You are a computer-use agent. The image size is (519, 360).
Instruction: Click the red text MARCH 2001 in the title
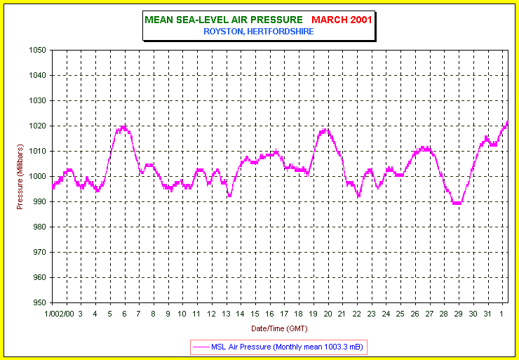point(342,19)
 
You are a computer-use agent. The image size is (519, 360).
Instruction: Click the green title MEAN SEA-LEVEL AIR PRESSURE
point(224,19)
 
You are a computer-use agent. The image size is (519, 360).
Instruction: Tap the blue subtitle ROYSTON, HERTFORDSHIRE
point(259,31)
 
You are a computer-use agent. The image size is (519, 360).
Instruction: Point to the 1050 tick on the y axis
point(37,51)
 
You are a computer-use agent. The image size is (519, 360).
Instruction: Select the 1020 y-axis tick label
point(37,126)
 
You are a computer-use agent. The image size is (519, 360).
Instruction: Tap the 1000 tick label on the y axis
point(37,177)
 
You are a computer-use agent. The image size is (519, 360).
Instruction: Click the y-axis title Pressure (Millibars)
point(20,176)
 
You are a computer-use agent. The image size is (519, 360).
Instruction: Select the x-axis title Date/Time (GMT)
point(278,328)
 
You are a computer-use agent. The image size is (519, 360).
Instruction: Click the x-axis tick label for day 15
point(255,314)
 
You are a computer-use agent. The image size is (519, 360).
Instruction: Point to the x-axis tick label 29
point(459,314)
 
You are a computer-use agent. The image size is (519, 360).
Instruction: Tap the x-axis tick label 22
point(357,314)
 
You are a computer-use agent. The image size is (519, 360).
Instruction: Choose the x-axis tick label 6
point(124,314)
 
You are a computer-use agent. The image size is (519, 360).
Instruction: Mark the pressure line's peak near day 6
point(123,127)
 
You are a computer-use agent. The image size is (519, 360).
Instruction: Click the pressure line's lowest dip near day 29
point(457,203)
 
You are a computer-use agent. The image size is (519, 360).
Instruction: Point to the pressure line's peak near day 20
point(324,129)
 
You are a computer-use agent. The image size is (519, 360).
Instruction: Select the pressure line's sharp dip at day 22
point(358,196)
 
